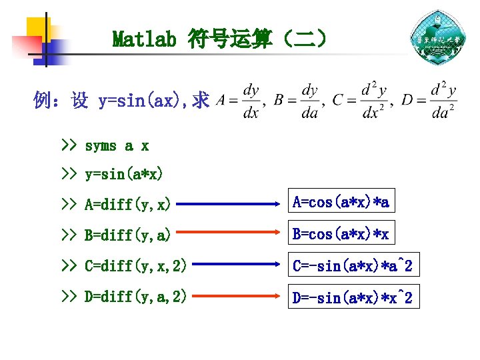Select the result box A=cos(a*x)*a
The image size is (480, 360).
[341, 201]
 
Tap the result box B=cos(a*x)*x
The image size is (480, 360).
[341, 233]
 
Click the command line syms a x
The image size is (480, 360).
[117, 145]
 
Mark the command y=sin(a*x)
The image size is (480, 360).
[123, 175]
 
